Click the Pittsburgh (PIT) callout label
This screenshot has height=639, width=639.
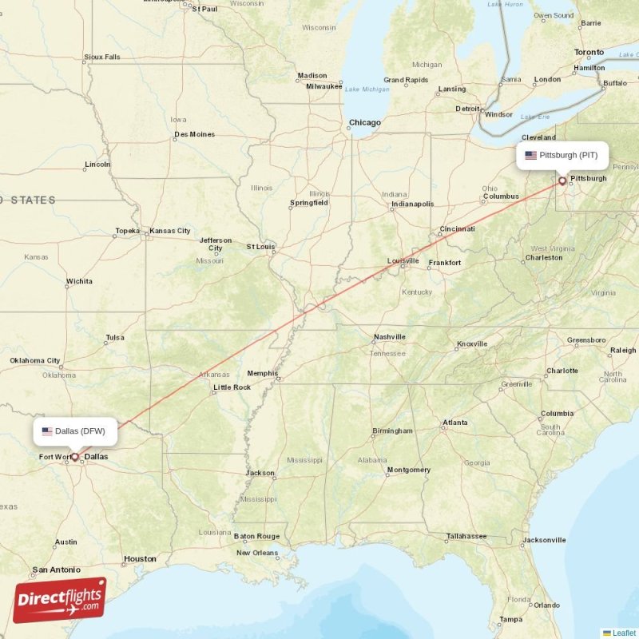pyautogui.click(x=562, y=155)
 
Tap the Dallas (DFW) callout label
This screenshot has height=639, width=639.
pyautogui.click(x=76, y=431)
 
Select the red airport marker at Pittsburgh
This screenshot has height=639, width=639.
pyautogui.click(x=562, y=181)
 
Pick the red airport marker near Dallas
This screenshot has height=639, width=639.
pyautogui.click(x=75, y=458)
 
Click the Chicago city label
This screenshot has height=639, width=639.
pyautogui.click(x=364, y=123)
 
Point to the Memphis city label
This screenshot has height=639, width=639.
pyautogui.click(x=263, y=373)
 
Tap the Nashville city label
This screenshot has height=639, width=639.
pyautogui.click(x=389, y=337)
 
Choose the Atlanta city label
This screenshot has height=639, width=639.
pyautogui.click(x=455, y=423)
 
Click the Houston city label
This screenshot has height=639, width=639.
pyautogui.click(x=140, y=559)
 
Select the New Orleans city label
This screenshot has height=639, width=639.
pyautogui.click(x=257, y=553)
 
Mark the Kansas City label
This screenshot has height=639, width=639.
pyautogui.click(x=170, y=231)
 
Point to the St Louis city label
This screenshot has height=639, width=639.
pyautogui.click(x=261, y=247)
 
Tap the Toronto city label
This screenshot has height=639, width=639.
pyautogui.click(x=589, y=53)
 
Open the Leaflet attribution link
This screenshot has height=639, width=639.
pyautogui.click(x=623, y=633)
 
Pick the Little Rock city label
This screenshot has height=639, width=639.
pyautogui.click(x=232, y=387)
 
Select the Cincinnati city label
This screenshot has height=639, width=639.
pyautogui.click(x=457, y=229)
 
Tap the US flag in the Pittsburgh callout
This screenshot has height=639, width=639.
pyautogui.click(x=530, y=155)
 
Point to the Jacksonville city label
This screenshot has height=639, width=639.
pyautogui.click(x=544, y=541)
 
